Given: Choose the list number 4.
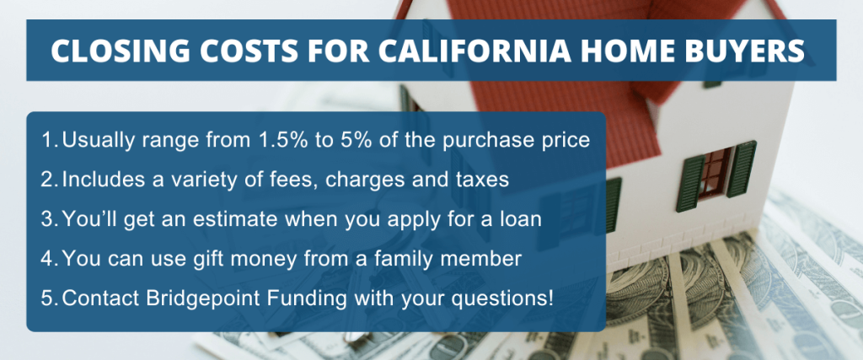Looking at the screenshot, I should coord(49,257).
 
